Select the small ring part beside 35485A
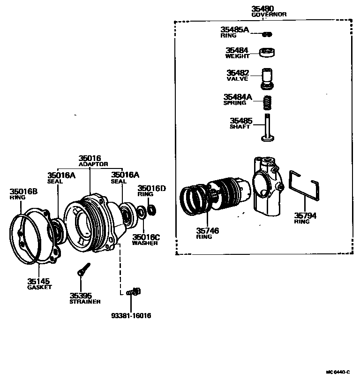coord(267,34)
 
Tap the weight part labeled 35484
coord(268,52)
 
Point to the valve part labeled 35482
coord(268,78)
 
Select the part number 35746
coord(207,230)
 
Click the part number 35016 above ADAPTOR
coord(90,159)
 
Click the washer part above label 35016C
coord(141,215)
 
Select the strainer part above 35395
coord(83,269)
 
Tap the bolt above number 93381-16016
coord(133,292)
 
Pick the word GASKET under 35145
coord(39,287)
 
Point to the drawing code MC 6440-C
coord(338,372)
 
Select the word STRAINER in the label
coord(85,302)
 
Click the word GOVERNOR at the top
coord(269,15)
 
